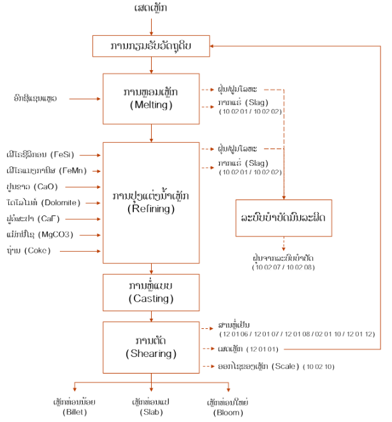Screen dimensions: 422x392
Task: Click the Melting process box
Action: [151, 98]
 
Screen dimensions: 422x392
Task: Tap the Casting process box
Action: [151, 291]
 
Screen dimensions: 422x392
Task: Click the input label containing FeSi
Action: [39, 154]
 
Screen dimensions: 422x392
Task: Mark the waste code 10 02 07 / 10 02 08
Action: [284, 267]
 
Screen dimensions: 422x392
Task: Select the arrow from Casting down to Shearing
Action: [151, 315]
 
